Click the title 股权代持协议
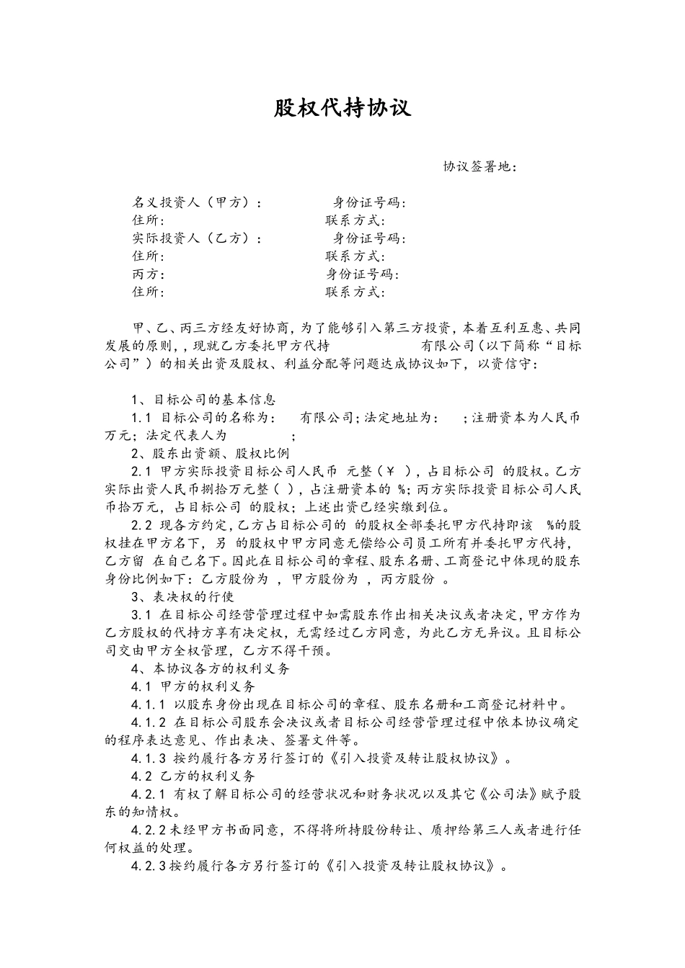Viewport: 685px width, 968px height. click(342, 108)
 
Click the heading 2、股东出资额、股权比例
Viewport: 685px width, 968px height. click(210, 453)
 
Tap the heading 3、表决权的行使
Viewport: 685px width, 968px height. click(182, 596)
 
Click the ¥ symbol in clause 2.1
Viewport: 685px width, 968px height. click(392, 471)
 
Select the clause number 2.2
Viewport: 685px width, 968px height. click(141, 543)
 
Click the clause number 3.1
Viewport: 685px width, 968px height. click(141, 614)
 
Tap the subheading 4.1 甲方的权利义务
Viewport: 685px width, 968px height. click(193, 686)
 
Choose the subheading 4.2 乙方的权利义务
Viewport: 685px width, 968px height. click(193, 776)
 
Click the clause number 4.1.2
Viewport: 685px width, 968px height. click(149, 722)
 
